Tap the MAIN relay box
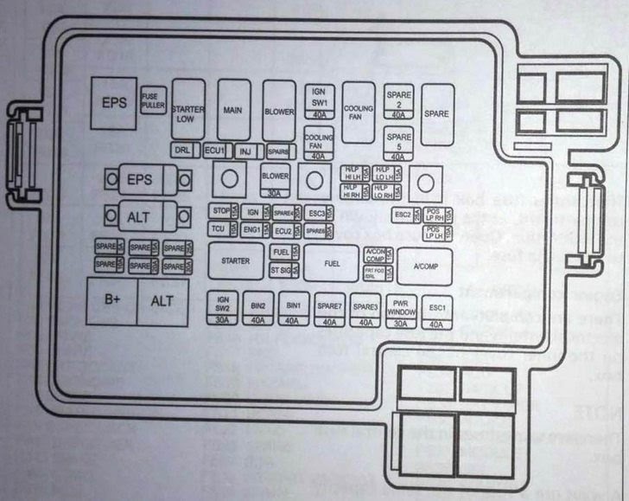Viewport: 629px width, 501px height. [232, 111]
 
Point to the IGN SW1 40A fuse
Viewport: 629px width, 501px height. [320, 101]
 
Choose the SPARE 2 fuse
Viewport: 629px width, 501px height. [399, 101]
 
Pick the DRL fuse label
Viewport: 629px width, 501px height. [183, 151]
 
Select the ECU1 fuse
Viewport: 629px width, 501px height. [214, 151]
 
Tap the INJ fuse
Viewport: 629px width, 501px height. [245, 151]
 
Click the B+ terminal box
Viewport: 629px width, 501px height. [112, 300]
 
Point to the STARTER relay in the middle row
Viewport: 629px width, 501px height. [236, 261]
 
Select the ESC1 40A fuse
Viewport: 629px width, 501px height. [437, 310]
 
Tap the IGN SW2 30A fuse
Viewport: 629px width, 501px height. [222, 310]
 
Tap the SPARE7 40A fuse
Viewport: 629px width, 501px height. [329, 310]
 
